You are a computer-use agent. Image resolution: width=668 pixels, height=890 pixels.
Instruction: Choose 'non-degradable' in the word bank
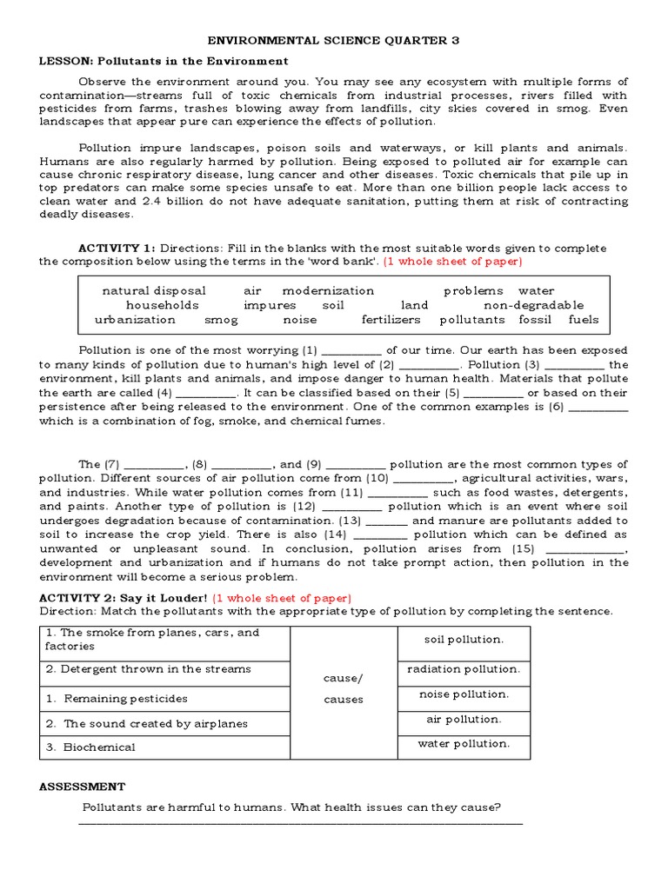tap(533, 305)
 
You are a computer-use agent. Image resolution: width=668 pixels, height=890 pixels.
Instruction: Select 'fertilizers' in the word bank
tap(391, 319)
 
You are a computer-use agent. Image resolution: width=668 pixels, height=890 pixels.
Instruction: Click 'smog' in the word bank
tap(221, 319)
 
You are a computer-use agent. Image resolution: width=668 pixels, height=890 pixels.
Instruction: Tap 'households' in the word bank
tap(162, 305)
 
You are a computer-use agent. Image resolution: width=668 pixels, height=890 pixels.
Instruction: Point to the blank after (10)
tap(424, 479)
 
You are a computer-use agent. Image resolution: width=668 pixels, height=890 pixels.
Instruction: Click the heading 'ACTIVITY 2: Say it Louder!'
tap(124, 598)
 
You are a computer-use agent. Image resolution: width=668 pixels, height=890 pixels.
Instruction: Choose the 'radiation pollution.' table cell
tap(464, 669)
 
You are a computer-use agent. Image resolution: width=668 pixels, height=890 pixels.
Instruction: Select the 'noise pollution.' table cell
tap(464, 694)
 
